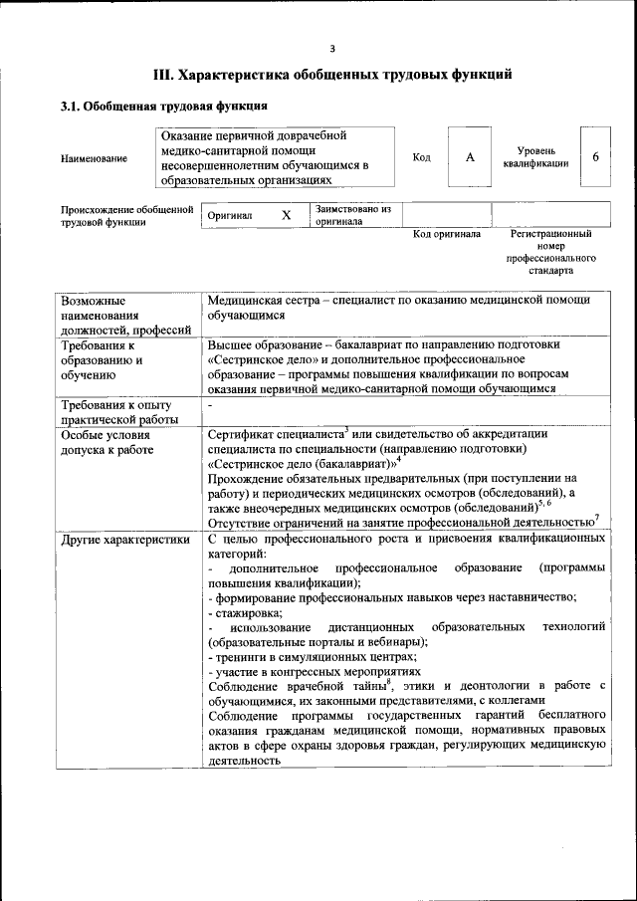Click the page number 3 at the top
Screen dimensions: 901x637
point(332,48)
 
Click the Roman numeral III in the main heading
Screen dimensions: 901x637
point(163,74)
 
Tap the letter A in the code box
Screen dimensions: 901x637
point(470,157)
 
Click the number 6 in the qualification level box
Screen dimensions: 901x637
point(595,157)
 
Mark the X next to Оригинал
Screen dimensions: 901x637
point(287,215)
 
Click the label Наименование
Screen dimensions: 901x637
point(94,158)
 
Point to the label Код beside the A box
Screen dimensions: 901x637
point(421,157)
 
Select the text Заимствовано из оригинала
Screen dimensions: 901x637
point(352,215)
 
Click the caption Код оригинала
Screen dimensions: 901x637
point(447,234)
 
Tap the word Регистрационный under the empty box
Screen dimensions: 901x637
point(550,234)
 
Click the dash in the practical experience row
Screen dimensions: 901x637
point(211,406)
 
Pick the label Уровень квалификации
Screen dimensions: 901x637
point(535,157)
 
